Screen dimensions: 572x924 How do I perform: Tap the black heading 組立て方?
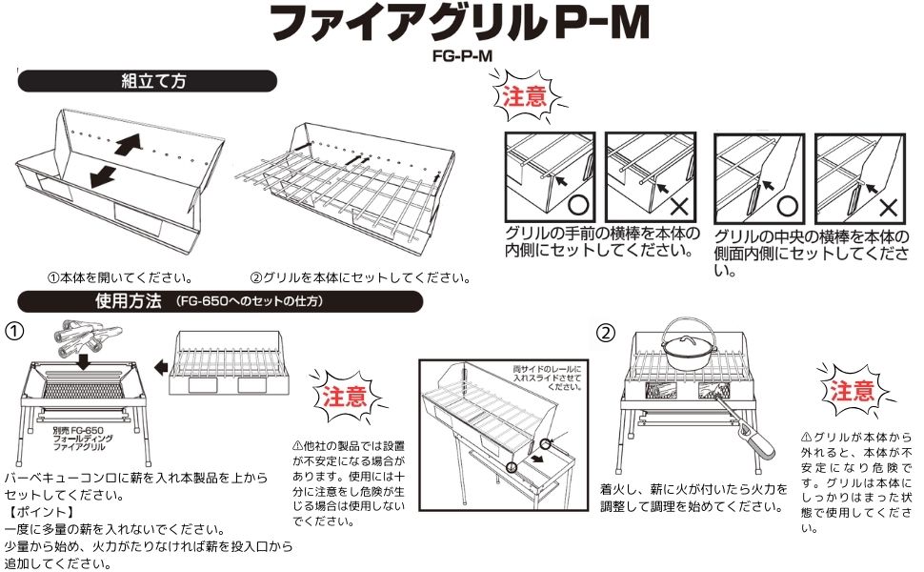pyautogui.click(x=151, y=80)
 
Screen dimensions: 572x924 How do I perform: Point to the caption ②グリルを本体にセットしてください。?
pyautogui.click(x=360, y=278)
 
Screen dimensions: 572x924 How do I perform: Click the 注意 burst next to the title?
pyautogui.click(x=525, y=97)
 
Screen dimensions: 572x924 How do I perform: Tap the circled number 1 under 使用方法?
pyautogui.click(x=14, y=331)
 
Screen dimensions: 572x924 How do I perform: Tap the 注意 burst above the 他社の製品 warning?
pyautogui.click(x=342, y=395)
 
